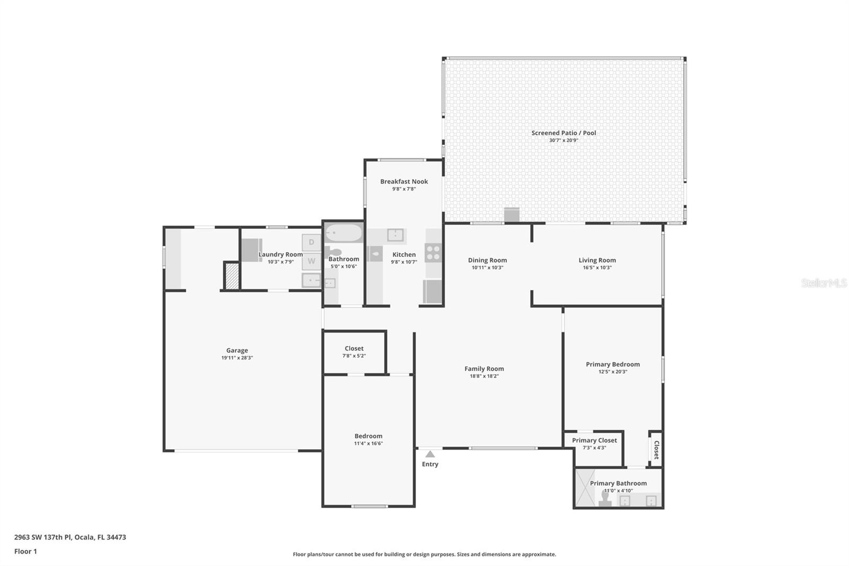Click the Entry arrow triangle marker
click(430, 454)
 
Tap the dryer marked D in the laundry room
click(311, 243)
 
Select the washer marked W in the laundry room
click(311, 261)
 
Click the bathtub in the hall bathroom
click(344, 233)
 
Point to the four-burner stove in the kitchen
click(433, 253)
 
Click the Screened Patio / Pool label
click(564, 133)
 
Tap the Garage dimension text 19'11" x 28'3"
click(237, 358)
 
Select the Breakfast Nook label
click(404, 182)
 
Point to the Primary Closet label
click(594, 441)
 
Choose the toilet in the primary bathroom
click(605, 498)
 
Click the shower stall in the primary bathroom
click(585, 488)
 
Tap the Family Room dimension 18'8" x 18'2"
click(484, 376)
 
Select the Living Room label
click(597, 260)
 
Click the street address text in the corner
click(70, 537)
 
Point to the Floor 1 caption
click(26, 552)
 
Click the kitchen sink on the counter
click(395, 235)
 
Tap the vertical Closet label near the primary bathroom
click(657, 450)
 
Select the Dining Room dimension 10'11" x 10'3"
click(488, 268)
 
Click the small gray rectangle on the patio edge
click(512, 215)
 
